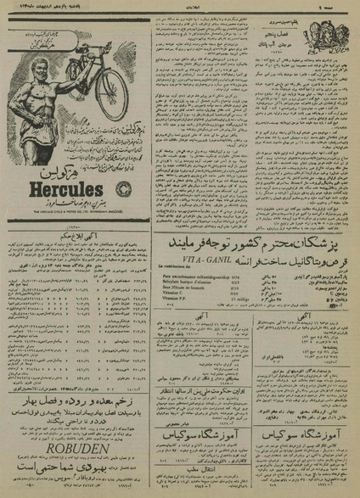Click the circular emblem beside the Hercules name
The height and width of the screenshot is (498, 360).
128,188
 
